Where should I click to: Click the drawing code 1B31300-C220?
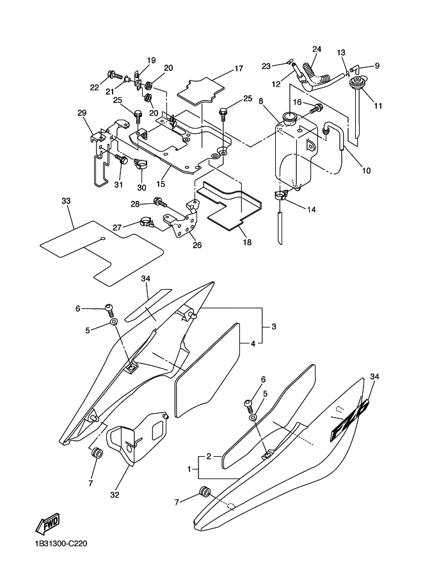coord(61,544)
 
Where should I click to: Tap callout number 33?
coord(66,201)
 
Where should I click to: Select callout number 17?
coord(239,68)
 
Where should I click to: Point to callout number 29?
coord(82,113)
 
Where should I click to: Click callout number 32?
coord(115,495)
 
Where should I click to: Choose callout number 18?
coord(247,242)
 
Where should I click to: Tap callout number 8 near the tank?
coord(261,101)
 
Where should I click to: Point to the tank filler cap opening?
coord(290,118)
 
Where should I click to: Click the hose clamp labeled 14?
coord(282,195)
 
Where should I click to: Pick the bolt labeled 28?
coord(160,202)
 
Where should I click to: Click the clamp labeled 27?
coord(147,223)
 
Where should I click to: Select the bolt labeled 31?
coord(122,159)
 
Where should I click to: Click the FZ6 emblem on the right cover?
coord(349,420)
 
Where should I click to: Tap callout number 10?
coord(366,171)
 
